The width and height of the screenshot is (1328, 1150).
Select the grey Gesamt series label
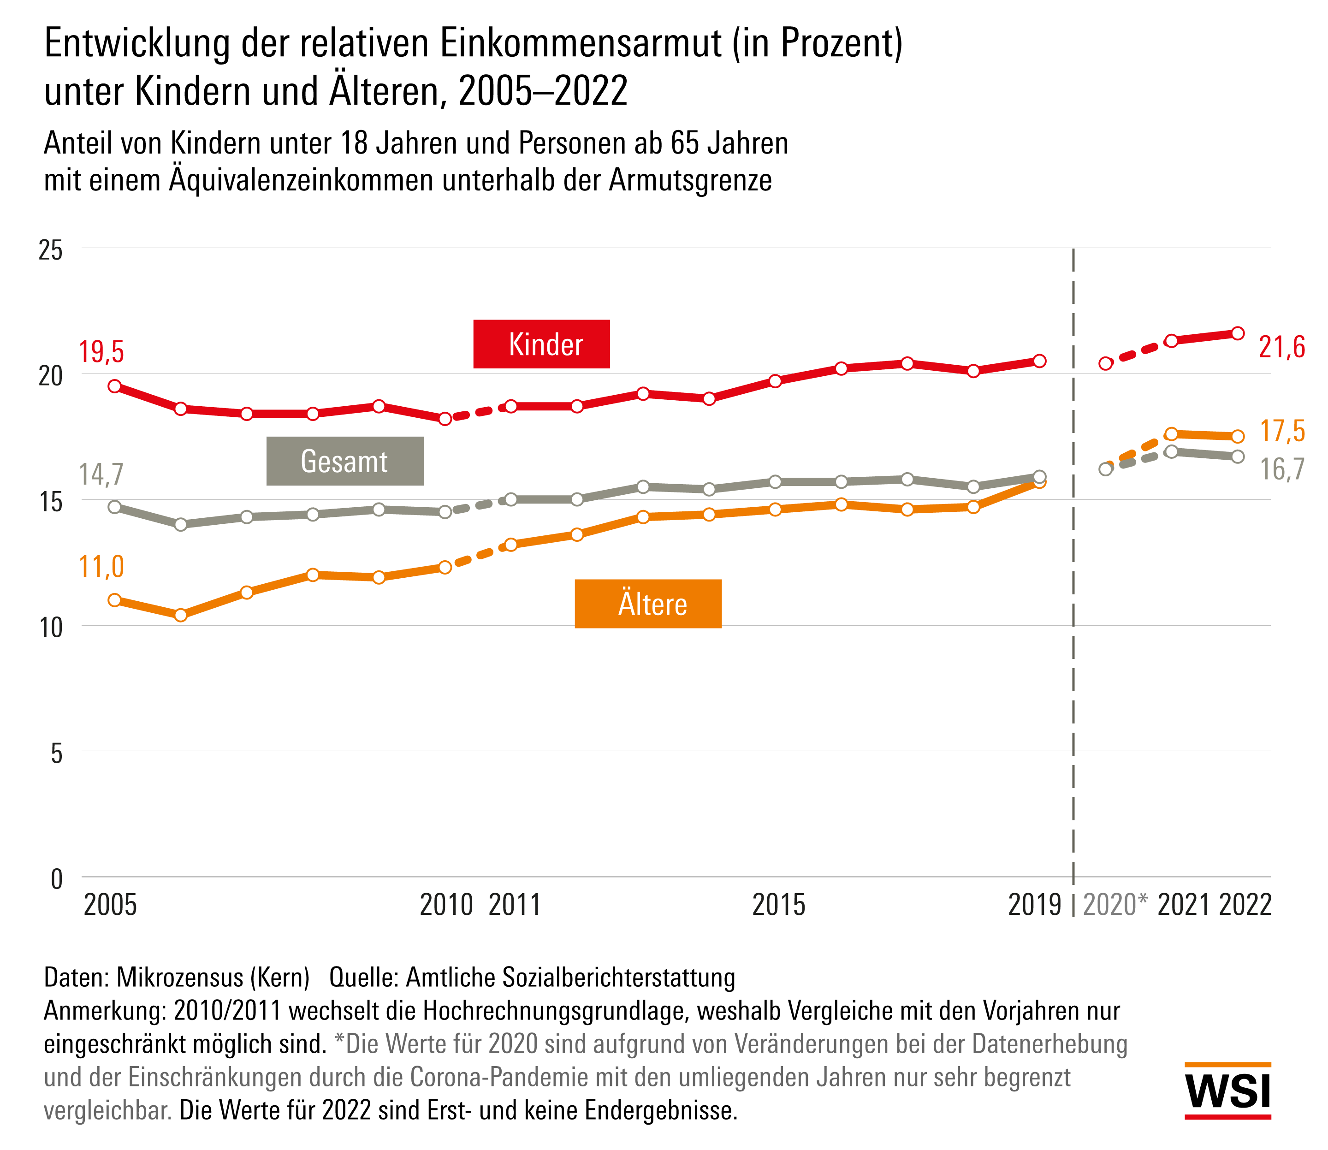pyautogui.click(x=344, y=462)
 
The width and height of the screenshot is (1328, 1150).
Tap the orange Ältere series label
pyautogui.click(x=648, y=604)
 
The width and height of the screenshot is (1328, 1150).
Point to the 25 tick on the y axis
pyautogui.click(x=51, y=249)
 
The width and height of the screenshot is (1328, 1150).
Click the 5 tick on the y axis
pyautogui.click(x=56, y=753)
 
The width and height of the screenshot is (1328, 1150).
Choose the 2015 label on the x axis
pyautogui.click(x=778, y=905)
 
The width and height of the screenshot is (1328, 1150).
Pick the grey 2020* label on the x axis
pyautogui.click(x=1115, y=905)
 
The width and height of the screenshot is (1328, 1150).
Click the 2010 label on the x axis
pyautogui.click(x=446, y=905)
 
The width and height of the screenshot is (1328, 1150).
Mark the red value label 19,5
pyautogui.click(x=101, y=352)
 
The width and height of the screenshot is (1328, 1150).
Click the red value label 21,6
pyautogui.click(x=1282, y=347)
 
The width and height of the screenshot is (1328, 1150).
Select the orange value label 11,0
pyautogui.click(x=101, y=567)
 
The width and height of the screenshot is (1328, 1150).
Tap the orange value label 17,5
pyautogui.click(x=1282, y=431)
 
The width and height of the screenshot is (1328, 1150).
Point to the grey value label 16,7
pyautogui.click(x=1282, y=469)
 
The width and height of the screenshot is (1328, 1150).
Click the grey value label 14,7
pyautogui.click(x=101, y=474)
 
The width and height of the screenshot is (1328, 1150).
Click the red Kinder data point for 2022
pyautogui.click(x=1238, y=333)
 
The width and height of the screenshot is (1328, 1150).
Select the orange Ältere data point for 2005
pyautogui.click(x=115, y=600)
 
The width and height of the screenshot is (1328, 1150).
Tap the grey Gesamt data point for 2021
pyautogui.click(x=1171, y=452)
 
